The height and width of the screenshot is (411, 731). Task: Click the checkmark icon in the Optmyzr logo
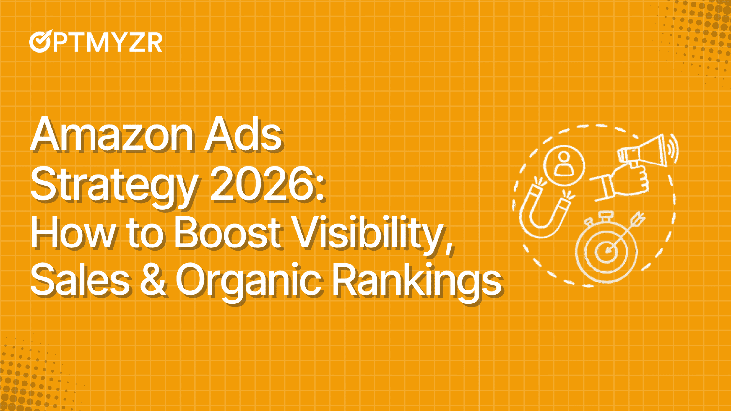(41, 41)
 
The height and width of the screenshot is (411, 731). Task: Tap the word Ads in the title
(244, 134)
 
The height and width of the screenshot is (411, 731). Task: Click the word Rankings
(417, 284)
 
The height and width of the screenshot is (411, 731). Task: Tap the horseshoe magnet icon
(546, 208)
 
